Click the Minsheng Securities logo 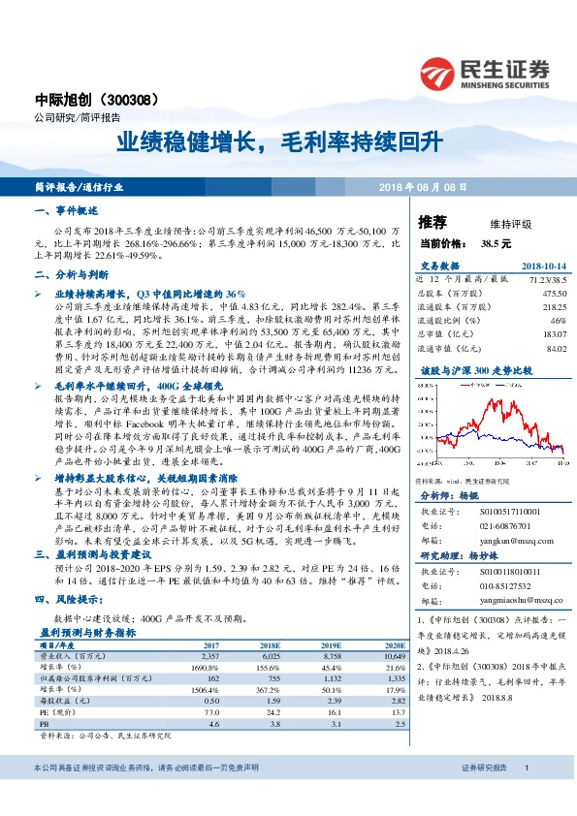pyautogui.click(x=484, y=72)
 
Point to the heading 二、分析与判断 pyautogui.click(x=70, y=275)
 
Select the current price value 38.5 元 pyautogui.click(x=495, y=244)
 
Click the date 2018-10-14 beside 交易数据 pyautogui.click(x=544, y=267)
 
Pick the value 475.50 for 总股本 pyautogui.click(x=554, y=292)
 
